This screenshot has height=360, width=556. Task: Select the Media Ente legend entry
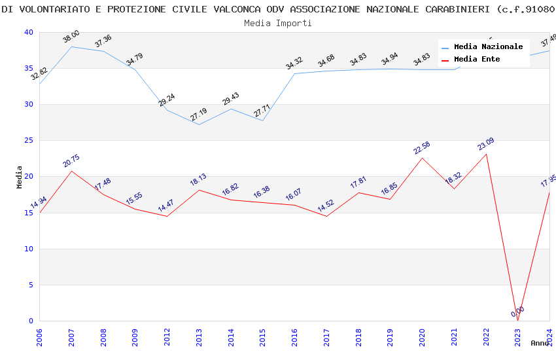tap(477, 60)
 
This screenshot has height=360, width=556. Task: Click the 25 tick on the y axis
tap(28, 140)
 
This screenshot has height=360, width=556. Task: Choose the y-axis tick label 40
tap(28, 32)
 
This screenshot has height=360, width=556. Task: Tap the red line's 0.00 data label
tap(517, 312)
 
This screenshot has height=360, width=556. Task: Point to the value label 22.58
tap(421, 148)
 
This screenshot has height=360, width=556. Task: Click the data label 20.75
tap(71, 161)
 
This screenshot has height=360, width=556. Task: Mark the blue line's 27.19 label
tap(199, 114)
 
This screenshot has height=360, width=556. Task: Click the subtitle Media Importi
tap(278, 23)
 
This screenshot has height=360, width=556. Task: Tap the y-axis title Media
tap(20, 177)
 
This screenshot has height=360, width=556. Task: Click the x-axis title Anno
tap(540, 343)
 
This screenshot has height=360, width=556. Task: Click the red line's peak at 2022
tap(486, 154)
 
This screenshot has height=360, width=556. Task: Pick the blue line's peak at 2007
tap(71, 46)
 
